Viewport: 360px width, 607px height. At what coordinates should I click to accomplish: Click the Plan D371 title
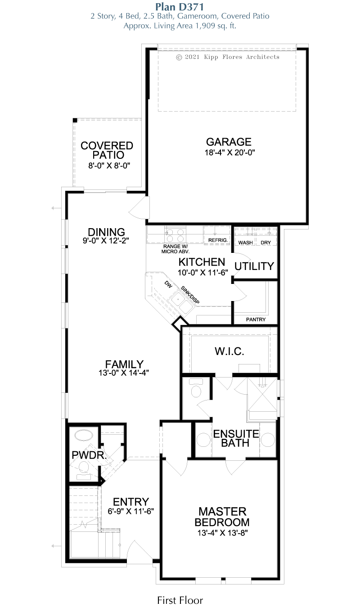pyautogui.click(x=180, y=6)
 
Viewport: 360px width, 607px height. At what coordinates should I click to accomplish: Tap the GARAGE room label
pyautogui.click(x=229, y=142)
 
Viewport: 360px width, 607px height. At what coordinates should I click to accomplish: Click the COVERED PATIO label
pyautogui.click(x=107, y=150)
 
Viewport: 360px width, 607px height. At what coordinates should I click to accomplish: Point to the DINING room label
pyautogui.click(x=106, y=232)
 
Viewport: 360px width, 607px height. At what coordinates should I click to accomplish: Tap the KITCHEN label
pyautogui.click(x=202, y=262)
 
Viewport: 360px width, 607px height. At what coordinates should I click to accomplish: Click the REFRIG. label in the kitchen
pyautogui.click(x=218, y=241)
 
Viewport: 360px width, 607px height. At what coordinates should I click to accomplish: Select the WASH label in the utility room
pyautogui.click(x=245, y=243)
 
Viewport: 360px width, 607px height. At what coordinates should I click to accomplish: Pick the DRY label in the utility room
pyautogui.click(x=265, y=243)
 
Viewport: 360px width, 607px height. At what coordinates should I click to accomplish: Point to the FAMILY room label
pyautogui.click(x=124, y=364)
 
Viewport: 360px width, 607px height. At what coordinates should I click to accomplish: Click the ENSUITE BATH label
pyautogui.click(x=236, y=438)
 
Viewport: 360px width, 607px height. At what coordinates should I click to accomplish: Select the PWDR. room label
pyautogui.click(x=89, y=455)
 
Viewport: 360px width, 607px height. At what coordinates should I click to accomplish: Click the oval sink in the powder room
pyautogui.click(x=83, y=436)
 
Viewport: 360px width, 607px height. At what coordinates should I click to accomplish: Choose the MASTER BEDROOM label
pyautogui.click(x=222, y=517)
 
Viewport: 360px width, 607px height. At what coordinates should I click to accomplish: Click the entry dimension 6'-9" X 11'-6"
pyautogui.click(x=131, y=511)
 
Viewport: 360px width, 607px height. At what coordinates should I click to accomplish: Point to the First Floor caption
pyautogui.click(x=180, y=600)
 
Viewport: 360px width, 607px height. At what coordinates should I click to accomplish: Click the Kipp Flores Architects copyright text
pyautogui.click(x=228, y=57)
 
